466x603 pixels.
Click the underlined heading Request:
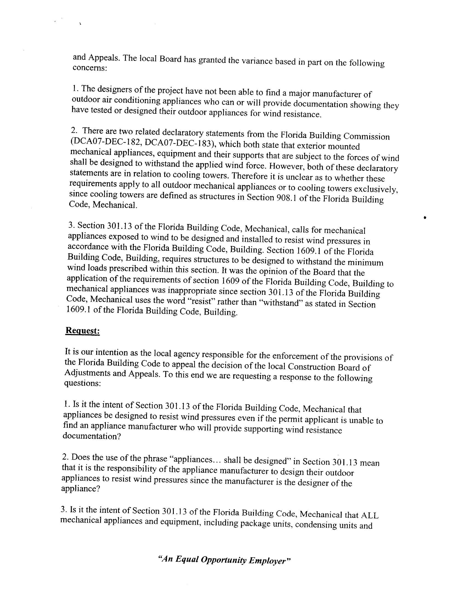(x=82, y=330)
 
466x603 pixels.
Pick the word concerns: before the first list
(x=89, y=68)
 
